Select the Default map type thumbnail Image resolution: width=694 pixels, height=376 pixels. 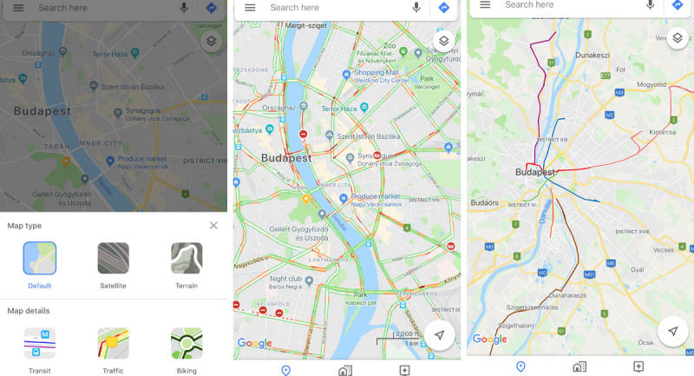click(x=39, y=259)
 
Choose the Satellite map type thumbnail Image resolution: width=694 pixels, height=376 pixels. click(x=113, y=259)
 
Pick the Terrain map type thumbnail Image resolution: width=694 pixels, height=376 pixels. click(x=187, y=259)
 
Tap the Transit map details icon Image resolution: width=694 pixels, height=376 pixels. click(x=39, y=344)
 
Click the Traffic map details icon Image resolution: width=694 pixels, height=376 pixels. click(x=113, y=344)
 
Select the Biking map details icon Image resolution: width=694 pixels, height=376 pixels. click(x=187, y=344)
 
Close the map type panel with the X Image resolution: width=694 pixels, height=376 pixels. click(x=213, y=226)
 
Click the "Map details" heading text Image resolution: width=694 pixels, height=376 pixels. click(x=29, y=311)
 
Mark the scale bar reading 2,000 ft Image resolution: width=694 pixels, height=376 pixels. click(x=408, y=334)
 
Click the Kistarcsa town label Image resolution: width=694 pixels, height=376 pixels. click(x=661, y=133)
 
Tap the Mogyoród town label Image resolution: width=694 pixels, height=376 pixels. click(x=651, y=85)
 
